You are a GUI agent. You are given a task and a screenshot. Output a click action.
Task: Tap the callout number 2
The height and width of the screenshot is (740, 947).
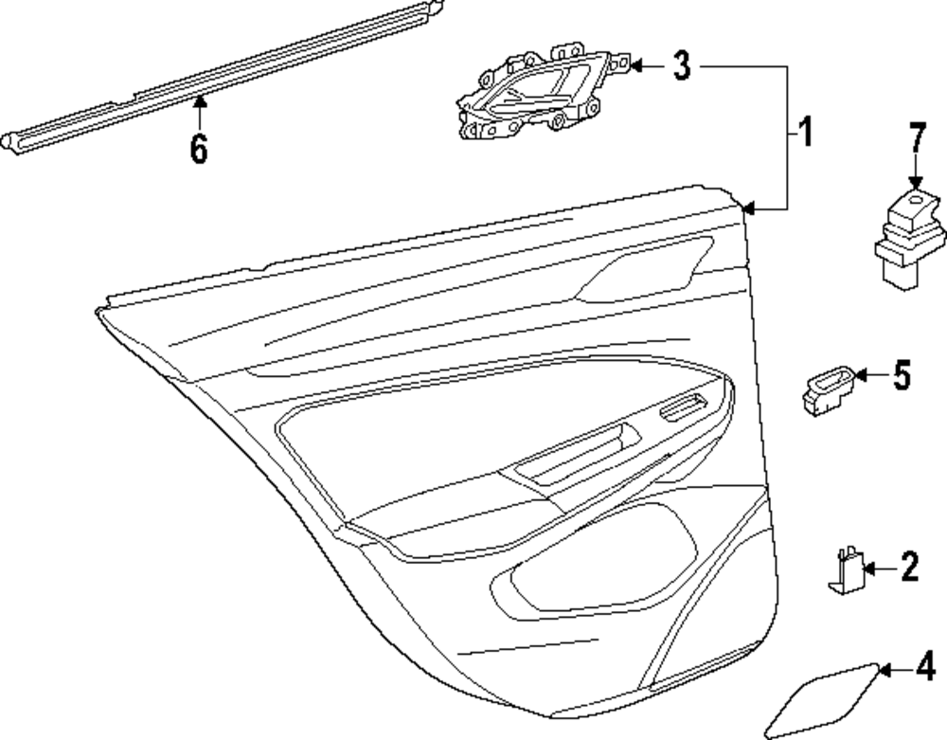[908, 568]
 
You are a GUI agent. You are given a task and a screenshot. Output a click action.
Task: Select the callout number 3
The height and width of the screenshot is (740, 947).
[682, 65]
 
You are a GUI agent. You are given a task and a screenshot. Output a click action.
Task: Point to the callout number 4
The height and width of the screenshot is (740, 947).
[924, 668]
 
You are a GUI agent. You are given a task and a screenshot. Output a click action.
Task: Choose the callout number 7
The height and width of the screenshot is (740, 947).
[916, 138]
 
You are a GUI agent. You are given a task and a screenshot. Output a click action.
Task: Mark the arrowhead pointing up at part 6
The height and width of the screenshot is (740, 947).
[198, 102]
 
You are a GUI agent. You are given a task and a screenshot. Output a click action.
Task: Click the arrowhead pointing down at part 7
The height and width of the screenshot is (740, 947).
[916, 185]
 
